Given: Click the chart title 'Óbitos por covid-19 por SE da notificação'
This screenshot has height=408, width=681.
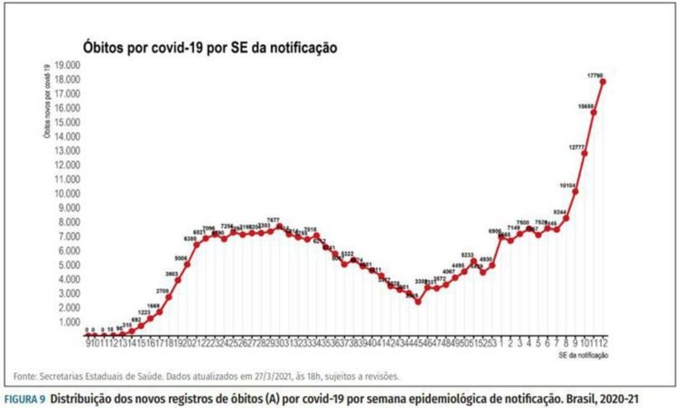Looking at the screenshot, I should (x=210, y=48).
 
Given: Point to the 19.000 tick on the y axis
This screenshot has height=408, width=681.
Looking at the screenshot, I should (x=67, y=65).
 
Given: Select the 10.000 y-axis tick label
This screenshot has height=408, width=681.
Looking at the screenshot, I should (x=67, y=193).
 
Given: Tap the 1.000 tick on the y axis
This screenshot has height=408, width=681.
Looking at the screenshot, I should (x=68, y=322).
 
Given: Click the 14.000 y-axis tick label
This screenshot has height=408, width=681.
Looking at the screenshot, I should (x=67, y=136).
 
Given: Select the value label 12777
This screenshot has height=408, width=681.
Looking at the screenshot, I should (x=576, y=146).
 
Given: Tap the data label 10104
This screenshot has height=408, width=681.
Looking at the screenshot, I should (x=567, y=185).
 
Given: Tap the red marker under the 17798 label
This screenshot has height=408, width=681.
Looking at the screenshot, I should (x=603, y=82).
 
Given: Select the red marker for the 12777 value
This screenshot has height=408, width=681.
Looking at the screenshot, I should (x=585, y=153).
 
